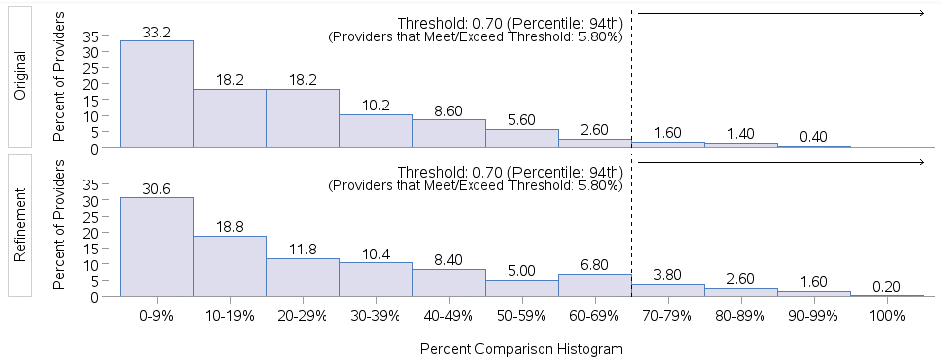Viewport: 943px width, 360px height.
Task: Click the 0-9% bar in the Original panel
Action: point(157,95)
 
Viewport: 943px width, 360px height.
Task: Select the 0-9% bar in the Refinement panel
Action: point(157,247)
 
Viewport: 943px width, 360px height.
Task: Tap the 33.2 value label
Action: point(157,33)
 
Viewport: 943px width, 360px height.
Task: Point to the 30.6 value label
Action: point(157,189)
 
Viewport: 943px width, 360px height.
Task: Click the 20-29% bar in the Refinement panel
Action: point(303,277)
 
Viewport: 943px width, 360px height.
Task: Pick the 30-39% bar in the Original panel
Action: point(376,131)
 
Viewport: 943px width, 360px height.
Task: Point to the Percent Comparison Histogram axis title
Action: point(522,349)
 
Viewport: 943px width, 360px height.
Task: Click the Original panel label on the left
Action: point(21,75)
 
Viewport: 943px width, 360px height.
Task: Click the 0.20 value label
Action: point(887,287)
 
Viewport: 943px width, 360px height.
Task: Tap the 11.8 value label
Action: point(303,250)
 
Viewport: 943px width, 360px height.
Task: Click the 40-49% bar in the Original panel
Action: point(449,134)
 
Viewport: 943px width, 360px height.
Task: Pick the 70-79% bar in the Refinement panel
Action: point(668,290)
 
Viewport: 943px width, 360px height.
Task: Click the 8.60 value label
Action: point(449,112)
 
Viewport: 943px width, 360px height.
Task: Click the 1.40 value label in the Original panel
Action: point(741,135)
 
